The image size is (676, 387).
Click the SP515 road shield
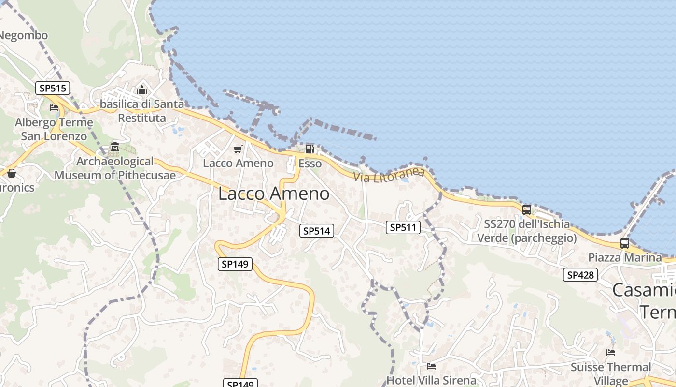point(53,88)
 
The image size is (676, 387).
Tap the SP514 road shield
point(316,231)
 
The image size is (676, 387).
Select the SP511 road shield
point(403,227)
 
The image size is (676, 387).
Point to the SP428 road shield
point(580,275)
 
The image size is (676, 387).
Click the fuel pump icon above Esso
point(310,149)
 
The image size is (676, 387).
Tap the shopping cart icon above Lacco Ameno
point(238,149)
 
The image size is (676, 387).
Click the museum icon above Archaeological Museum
point(115,147)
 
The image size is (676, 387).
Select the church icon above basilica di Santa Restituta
point(142,90)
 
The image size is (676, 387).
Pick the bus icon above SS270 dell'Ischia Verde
point(526,210)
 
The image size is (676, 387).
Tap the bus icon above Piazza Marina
point(624,243)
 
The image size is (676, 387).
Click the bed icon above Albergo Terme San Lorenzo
point(54,107)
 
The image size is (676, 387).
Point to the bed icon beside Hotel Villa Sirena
point(431,366)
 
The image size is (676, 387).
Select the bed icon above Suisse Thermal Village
point(611,353)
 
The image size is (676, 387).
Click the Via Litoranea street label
point(389,175)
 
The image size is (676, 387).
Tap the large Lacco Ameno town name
point(274,194)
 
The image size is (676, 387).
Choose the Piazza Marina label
point(625,257)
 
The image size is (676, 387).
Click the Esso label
point(310,164)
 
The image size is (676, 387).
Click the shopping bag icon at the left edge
point(12,173)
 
